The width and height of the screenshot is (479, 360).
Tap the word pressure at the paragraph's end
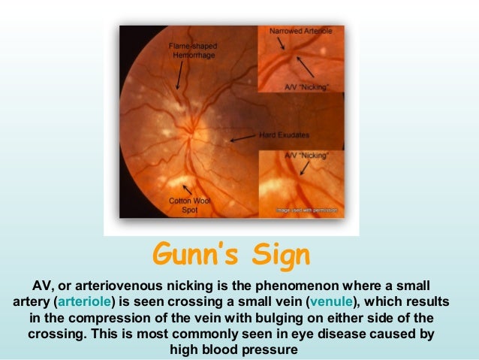click(273, 349)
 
